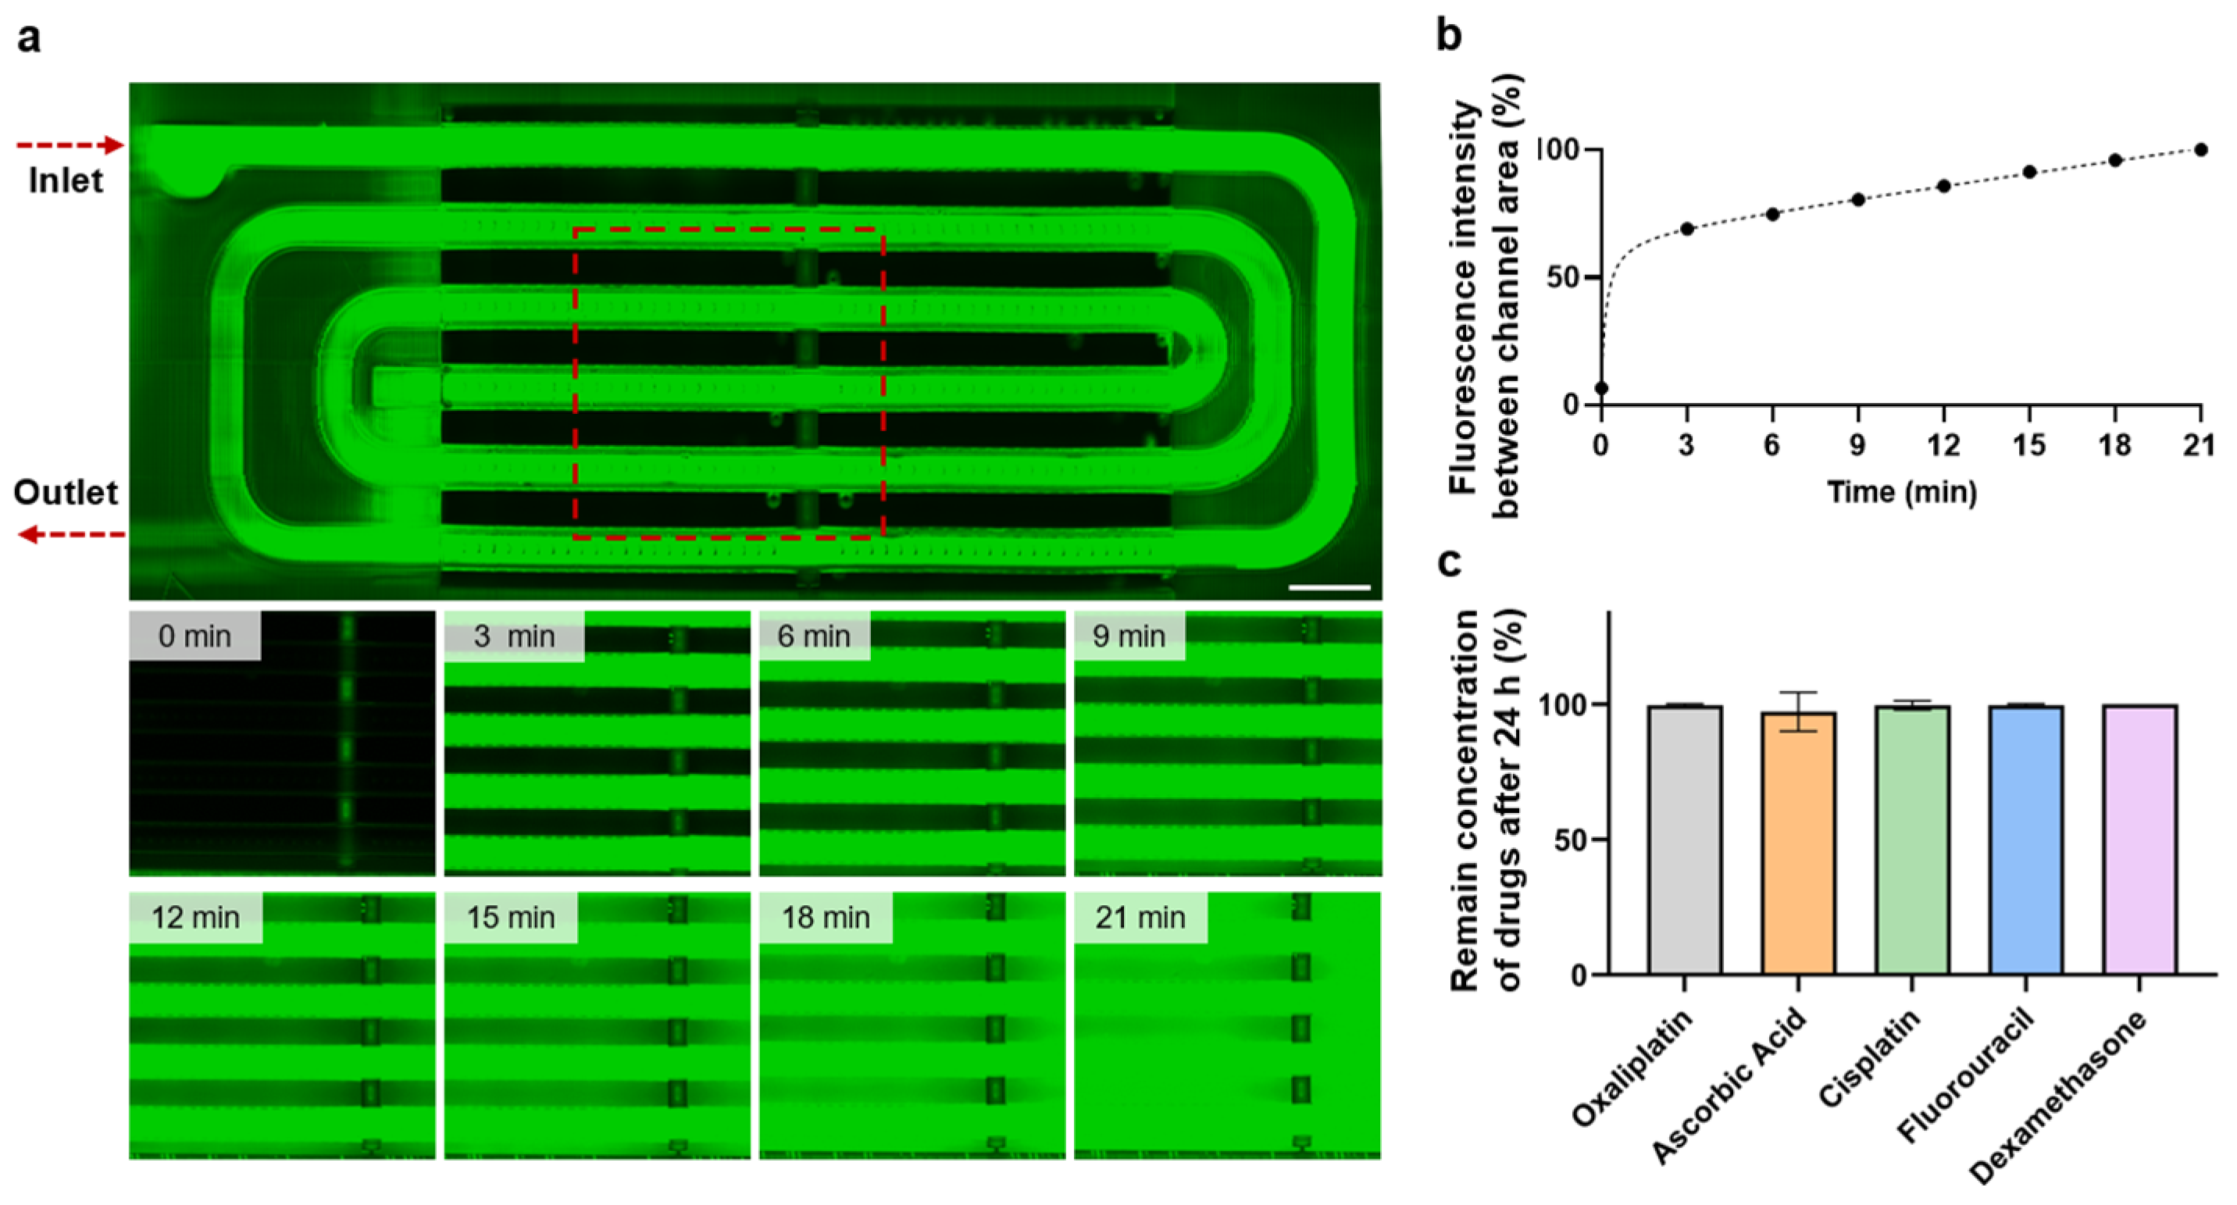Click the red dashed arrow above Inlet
(x=70, y=145)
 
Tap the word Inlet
(x=65, y=180)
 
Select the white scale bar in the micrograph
(x=1329, y=588)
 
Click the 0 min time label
(x=194, y=636)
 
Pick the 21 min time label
(x=1140, y=917)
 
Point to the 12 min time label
(x=195, y=917)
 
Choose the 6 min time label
(x=814, y=636)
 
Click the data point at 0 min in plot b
(x=1601, y=388)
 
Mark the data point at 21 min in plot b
(x=2200, y=150)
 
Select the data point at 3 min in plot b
(x=1687, y=229)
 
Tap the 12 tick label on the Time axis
(x=1943, y=445)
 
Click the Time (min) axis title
(x=1902, y=492)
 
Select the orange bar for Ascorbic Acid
(x=1799, y=842)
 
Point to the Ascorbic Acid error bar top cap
(x=1799, y=693)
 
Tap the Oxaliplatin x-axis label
(x=1632, y=1067)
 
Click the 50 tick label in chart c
(x=1570, y=840)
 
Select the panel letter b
(x=1448, y=37)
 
